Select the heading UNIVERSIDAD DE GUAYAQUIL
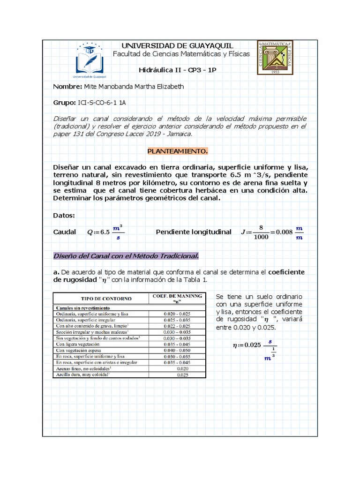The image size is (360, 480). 177,45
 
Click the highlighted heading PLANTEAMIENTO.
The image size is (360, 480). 177,151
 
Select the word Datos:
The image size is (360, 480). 64,215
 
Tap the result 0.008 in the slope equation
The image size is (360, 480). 283,232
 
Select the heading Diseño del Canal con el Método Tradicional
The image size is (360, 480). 126,256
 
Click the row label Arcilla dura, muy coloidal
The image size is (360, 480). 82,375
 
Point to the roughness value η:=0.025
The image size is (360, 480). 247,345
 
